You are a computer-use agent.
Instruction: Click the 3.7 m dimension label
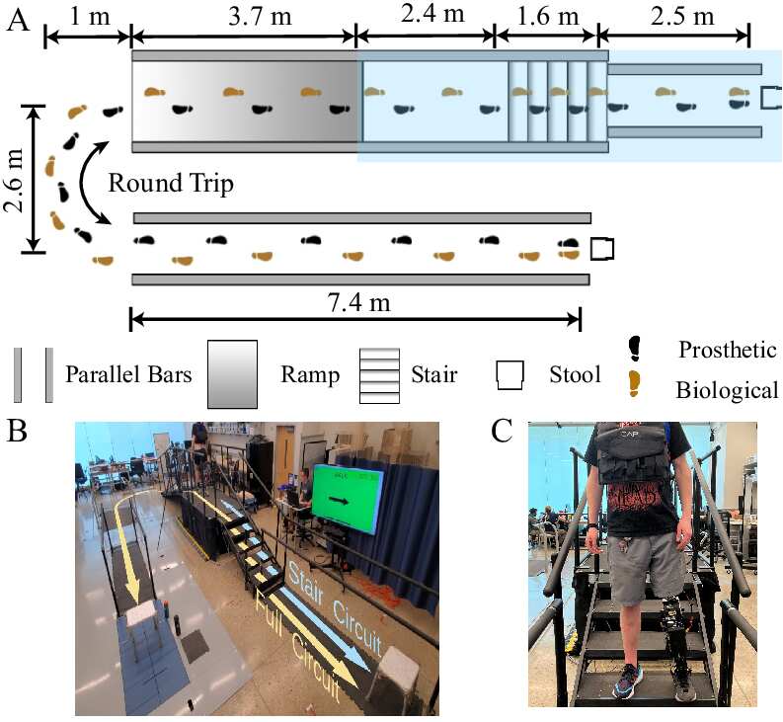point(260,17)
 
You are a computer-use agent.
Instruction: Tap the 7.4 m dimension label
point(358,302)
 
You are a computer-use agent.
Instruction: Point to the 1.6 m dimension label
point(548,17)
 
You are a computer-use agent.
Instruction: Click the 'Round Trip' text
point(171,184)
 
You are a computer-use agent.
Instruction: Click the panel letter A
point(18,21)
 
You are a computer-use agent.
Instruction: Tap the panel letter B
point(17,431)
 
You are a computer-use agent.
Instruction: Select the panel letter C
point(502,431)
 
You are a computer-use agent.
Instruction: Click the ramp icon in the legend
point(233,374)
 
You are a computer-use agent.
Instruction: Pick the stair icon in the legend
point(379,375)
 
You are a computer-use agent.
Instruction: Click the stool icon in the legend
point(509,375)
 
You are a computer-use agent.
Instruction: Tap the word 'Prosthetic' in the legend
point(727,350)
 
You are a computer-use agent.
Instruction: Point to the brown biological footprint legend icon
point(634,384)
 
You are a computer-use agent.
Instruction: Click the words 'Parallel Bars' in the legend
point(128,374)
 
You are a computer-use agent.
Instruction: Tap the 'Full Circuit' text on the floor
point(297,645)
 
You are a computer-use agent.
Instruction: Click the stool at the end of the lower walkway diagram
point(601,249)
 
